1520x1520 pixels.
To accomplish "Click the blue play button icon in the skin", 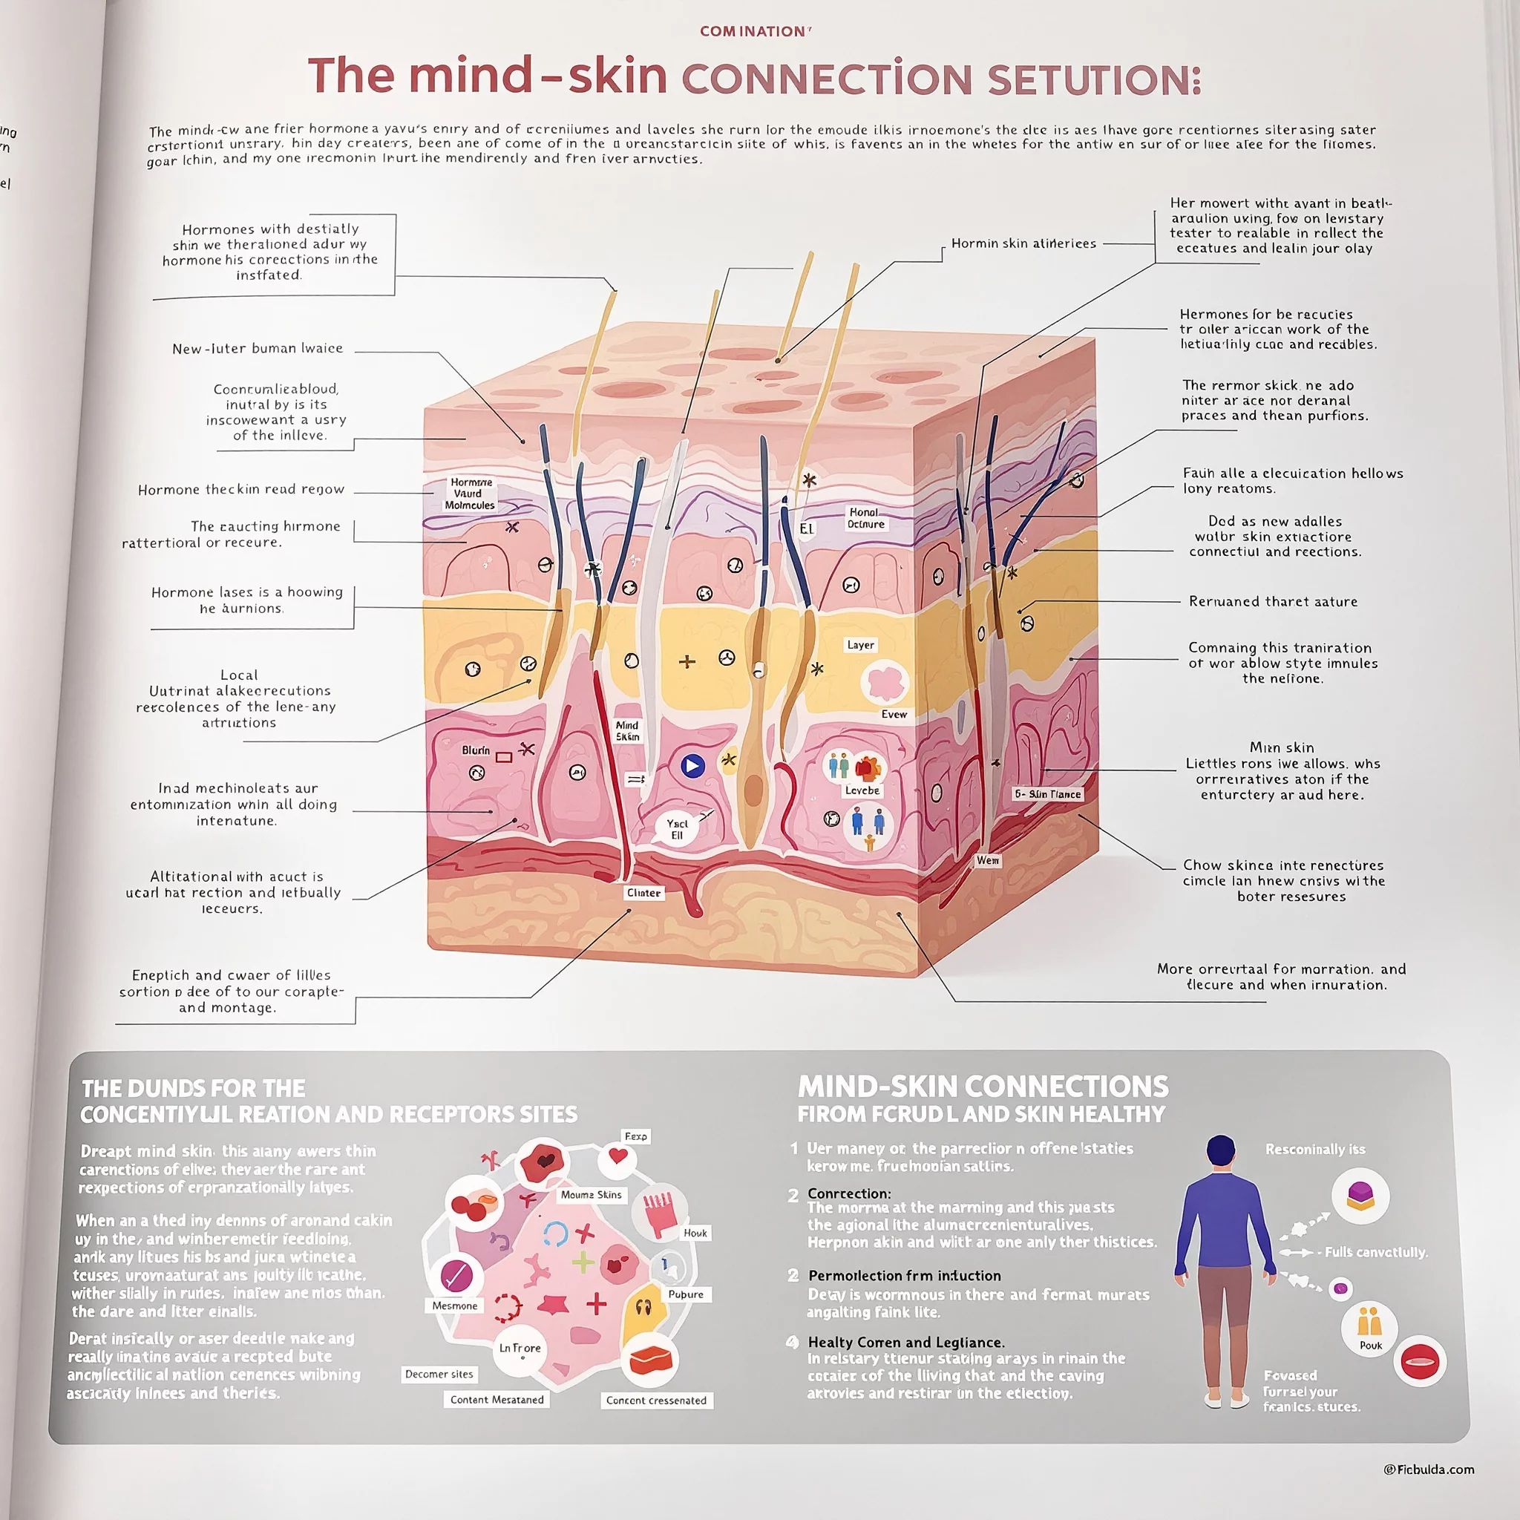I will pos(692,765).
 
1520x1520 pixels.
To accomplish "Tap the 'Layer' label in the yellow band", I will pos(860,645).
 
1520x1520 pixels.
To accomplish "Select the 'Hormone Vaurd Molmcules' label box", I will pos(470,494).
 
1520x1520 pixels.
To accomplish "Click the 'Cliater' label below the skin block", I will pos(643,893).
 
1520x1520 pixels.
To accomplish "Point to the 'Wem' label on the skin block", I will pos(987,861).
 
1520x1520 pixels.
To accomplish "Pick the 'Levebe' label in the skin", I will pos(862,790).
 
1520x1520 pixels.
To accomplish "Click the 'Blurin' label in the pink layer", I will pos(475,750).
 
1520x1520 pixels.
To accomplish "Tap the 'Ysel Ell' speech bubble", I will pos(677,829).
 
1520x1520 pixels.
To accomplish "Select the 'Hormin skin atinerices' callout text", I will pos(1023,244).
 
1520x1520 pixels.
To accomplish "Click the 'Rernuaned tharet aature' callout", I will pos(1273,602).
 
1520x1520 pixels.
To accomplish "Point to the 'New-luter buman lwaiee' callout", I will pos(258,349).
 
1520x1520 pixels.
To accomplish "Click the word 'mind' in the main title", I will pos(470,76).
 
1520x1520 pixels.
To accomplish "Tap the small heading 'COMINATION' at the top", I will pos(755,31).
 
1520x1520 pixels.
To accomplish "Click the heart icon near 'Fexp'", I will pos(617,1156).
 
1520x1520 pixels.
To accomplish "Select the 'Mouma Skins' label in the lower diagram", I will pos(591,1194).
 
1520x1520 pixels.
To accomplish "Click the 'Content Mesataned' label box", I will pos(497,1400).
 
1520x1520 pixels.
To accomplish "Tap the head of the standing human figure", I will pos(1220,1151).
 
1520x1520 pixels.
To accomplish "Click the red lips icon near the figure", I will pos(1419,1362).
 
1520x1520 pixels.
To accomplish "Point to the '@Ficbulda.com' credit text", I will pos(1429,1470).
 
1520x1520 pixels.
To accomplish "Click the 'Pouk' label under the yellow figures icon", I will pos(1371,1346).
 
